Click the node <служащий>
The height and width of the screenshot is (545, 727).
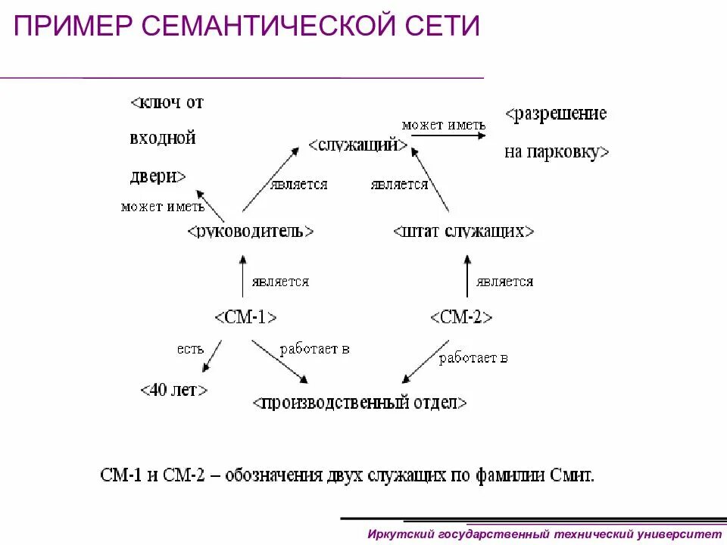tap(358, 145)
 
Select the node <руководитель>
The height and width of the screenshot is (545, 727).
tap(250, 231)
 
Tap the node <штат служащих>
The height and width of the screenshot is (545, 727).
tap(463, 231)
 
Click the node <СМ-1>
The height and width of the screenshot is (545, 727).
tap(245, 316)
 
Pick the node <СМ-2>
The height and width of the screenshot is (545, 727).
tap(461, 316)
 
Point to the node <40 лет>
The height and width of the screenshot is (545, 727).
tap(174, 390)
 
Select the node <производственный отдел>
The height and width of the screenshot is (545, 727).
tap(360, 402)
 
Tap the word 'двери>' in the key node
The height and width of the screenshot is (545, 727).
tap(158, 176)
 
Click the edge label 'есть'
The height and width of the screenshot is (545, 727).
tap(190, 349)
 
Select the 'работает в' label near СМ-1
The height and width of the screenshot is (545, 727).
tap(314, 349)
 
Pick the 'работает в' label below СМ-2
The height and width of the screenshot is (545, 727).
tap(473, 358)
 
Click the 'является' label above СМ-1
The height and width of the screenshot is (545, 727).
tap(280, 282)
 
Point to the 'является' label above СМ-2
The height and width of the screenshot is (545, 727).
tap(504, 282)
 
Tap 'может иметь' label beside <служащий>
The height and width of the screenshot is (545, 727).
tap(443, 125)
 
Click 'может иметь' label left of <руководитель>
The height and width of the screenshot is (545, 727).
tap(162, 207)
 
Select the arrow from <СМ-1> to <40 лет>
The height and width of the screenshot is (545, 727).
tap(211, 356)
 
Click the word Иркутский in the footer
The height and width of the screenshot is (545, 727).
tap(400, 534)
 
